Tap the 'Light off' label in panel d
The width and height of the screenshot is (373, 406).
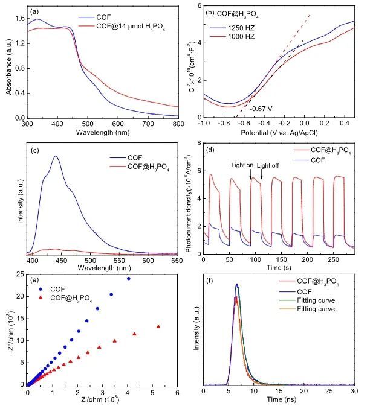[268, 165]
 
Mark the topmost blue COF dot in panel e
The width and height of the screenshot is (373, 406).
[128, 278]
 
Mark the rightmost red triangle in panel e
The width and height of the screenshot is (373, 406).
[158, 327]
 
